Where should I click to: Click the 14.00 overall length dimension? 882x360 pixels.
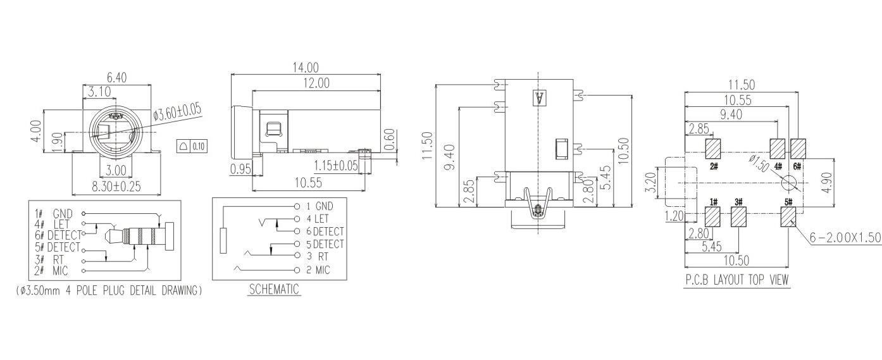click(x=306, y=67)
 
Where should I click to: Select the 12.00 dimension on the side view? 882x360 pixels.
click(x=316, y=83)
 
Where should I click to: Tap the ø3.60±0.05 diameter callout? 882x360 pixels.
click(x=178, y=111)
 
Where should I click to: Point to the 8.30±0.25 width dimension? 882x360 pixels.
click(x=116, y=186)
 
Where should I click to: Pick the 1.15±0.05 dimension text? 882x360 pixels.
click(x=336, y=166)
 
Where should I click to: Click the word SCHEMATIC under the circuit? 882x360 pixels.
click(x=274, y=290)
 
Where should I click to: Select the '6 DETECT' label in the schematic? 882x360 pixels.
click(x=325, y=231)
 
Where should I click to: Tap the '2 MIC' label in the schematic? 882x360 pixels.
click(x=318, y=270)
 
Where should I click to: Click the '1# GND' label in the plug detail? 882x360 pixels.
click(x=54, y=214)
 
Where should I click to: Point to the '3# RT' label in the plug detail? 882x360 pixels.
click(x=49, y=260)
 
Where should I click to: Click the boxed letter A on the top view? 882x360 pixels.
click(x=539, y=98)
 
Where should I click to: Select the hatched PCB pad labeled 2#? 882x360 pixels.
click(x=713, y=149)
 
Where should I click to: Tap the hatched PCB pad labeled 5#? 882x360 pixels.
click(x=788, y=217)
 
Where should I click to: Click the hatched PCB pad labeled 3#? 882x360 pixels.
click(x=738, y=217)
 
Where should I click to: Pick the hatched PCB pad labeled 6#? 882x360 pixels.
click(x=798, y=149)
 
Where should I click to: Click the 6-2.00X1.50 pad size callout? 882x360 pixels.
click(x=845, y=237)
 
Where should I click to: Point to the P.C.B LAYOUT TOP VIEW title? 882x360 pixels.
click(x=737, y=280)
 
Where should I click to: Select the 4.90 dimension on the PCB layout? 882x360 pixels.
click(x=828, y=182)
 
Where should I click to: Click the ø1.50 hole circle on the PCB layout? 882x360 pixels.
click(x=789, y=183)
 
